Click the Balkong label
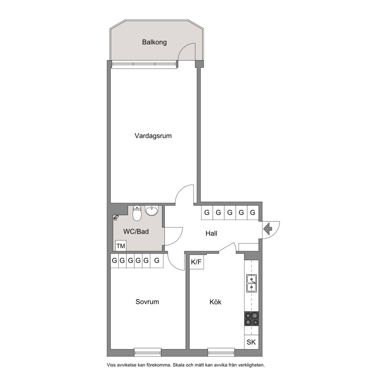pyautogui.click(x=154, y=42)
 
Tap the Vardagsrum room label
pyautogui.click(x=153, y=136)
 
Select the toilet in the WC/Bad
pyautogui.click(x=137, y=213)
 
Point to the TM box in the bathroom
pyautogui.click(x=121, y=246)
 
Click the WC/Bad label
pyautogui.click(x=136, y=231)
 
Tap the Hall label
pyautogui.click(x=211, y=233)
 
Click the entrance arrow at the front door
pyautogui.click(x=267, y=229)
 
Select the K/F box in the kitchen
pyautogui.click(x=197, y=262)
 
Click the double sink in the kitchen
pyautogui.click(x=252, y=283)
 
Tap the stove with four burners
pyautogui.click(x=252, y=318)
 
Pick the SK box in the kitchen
pyautogui.click(x=251, y=342)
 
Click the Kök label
pyautogui.click(x=215, y=302)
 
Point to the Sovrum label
pyautogui.click(x=147, y=302)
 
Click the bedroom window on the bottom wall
pyautogui.click(x=147, y=352)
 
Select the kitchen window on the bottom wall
pyautogui.click(x=221, y=352)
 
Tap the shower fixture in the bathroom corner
pyautogui.click(x=116, y=217)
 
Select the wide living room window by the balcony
pyautogui.click(x=144, y=64)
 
